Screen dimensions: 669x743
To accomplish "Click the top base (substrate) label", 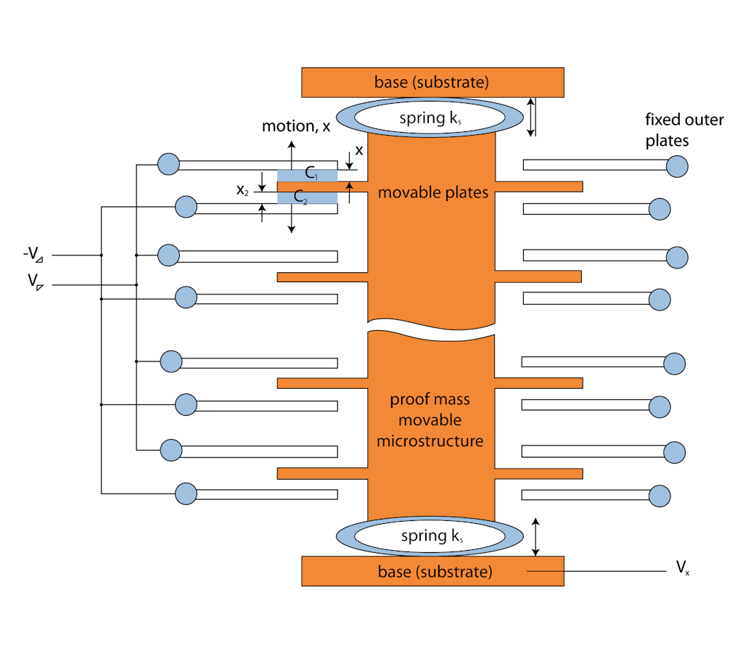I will (x=431, y=82).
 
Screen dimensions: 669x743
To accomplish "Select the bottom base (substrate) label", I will (x=435, y=572).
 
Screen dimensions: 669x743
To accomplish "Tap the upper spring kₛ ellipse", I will (x=430, y=118).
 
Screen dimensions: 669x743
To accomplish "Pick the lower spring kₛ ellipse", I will (x=430, y=536).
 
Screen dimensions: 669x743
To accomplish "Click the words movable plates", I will (x=432, y=193).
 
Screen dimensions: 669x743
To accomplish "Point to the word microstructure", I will (x=430, y=440).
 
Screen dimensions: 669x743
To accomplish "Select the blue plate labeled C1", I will (x=307, y=176).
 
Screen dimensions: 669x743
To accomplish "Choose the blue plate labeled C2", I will (x=307, y=197).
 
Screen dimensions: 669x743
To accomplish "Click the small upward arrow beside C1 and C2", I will (x=349, y=186).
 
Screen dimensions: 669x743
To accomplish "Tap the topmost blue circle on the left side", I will (x=168, y=164).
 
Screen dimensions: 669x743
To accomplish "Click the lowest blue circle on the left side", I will (x=186, y=494).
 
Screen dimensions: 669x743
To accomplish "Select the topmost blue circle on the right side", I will (x=677, y=167).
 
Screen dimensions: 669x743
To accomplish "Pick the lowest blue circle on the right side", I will (x=660, y=496).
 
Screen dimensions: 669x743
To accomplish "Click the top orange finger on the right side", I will (x=538, y=186).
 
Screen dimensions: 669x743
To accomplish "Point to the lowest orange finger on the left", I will (x=322, y=473).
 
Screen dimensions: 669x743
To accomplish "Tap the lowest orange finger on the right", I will (x=538, y=474).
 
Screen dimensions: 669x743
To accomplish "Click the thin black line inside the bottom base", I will (x=545, y=572).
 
